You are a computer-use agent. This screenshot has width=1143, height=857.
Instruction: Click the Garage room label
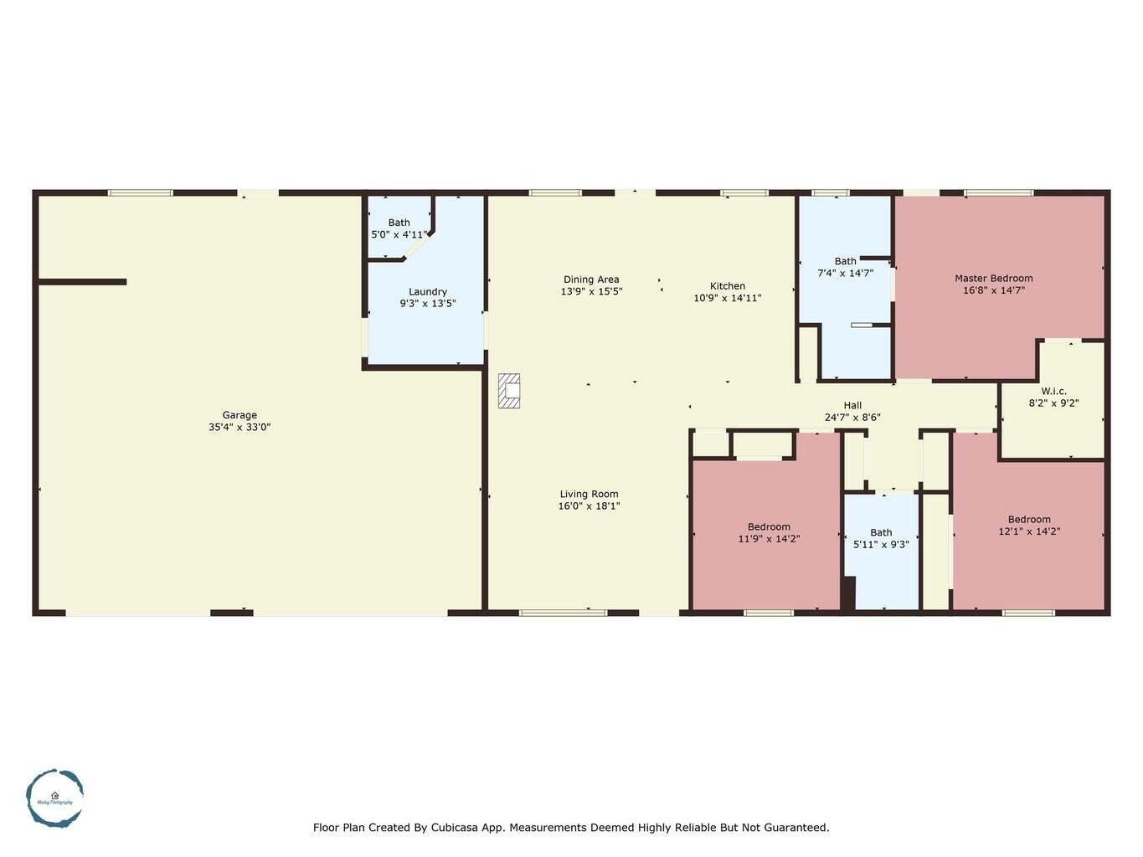pyautogui.click(x=239, y=415)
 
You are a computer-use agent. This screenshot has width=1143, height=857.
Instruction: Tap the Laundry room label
pyautogui.click(x=427, y=292)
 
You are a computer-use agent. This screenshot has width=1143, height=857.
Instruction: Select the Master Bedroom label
pyautogui.click(x=993, y=279)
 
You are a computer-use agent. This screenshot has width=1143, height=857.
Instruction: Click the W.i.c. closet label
pyautogui.click(x=1053, y=391)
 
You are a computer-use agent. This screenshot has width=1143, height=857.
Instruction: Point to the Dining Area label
pyautogui.click(x=591, y=280)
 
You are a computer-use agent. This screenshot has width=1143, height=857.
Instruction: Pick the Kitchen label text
pyautogui.click(x=727, y=286)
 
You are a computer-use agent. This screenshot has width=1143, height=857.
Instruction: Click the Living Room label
pyautogui.click(x=589, y=494)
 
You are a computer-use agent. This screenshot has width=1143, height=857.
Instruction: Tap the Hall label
pyautogui.click(x=852, y=405)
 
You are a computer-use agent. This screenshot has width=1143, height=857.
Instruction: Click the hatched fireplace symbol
pyautogui.click(x=509, y=391)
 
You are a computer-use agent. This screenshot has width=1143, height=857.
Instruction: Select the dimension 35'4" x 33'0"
pyautogui.click(x=239, y=428)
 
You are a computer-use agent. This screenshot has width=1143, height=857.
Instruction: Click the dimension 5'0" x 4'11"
pyautogui.click(x=399, y=235)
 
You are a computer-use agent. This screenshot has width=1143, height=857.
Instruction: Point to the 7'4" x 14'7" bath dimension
pyautogui.click(x=845, y=273)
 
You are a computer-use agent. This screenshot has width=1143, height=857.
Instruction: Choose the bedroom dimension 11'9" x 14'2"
pyautogui.click(x=769, y=539)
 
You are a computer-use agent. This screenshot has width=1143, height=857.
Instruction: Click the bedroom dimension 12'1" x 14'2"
pyautogui.click(x=1029, y=531)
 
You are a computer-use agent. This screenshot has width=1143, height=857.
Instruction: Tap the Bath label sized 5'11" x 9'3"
pyautogui.click(x=881, y=532)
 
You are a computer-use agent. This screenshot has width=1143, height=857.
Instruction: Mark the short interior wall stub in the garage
pyautogui.click(x=82, y=282)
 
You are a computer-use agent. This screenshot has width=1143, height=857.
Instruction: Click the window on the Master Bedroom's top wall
pyautogui.click(x=998, y=193)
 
